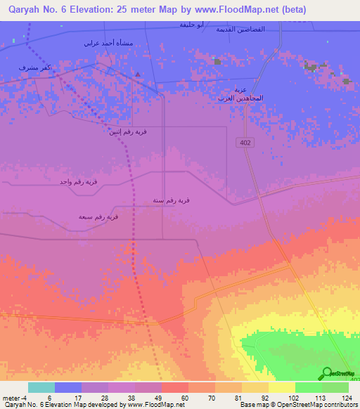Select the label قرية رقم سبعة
[98, 217]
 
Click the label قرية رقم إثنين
[127, 131]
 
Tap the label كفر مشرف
[33, 68]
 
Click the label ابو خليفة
[191, 25]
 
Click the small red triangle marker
[139, 74]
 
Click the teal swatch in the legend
[41, 387]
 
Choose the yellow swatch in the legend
[281, 387]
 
